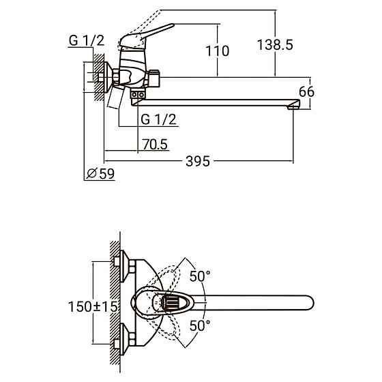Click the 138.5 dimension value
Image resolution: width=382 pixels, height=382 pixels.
275,45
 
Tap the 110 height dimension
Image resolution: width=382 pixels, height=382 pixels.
218,51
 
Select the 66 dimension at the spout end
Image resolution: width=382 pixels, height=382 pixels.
306,92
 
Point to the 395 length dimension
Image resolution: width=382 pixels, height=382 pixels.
198,161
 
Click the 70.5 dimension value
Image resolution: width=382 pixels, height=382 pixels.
156,144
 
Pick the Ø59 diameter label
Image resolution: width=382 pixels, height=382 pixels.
100,174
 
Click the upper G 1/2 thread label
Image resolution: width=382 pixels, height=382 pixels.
87,40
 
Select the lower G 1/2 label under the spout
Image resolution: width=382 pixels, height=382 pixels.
158,119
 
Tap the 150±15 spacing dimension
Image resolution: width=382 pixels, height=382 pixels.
93,306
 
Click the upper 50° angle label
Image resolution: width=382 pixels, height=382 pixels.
200,276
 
